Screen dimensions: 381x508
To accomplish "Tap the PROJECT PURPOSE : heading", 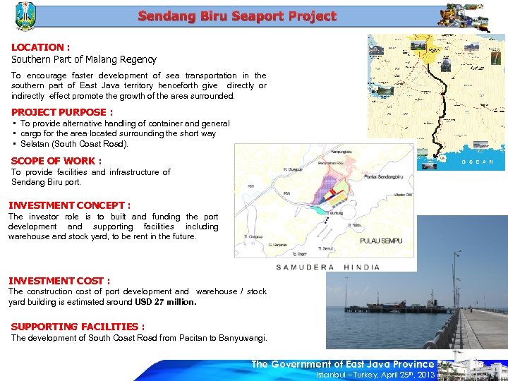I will (x=62, y=112).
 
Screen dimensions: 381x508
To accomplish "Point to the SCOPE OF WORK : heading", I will (x=56, y=161).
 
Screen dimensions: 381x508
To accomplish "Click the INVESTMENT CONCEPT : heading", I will (x=69, y=205).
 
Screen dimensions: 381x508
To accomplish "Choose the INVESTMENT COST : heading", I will (x=59, y=281).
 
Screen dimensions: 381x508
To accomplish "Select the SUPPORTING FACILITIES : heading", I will (x=78, y=327).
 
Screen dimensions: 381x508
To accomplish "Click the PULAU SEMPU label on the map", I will (x=381, y=241).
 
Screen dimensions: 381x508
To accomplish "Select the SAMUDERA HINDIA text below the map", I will (x=327, y=267).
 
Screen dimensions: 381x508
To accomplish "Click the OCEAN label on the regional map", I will (x=483, y=162).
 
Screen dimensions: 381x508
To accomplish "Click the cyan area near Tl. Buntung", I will (x=321, y=210).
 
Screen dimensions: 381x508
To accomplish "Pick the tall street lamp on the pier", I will (x=459, y=282).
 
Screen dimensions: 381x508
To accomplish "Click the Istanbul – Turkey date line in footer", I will (x=376, y=375).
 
